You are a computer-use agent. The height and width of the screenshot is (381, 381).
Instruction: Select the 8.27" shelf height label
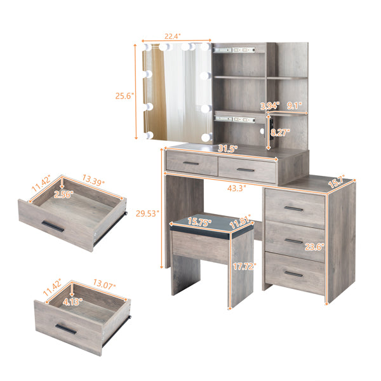pyautogui.click(x=279, y=133)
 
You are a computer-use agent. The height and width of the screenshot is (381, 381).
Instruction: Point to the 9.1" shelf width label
pyautogui.click(x=294, y=106)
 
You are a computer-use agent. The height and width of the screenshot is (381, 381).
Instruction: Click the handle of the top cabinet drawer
pyautogui.click(x=293, y=208)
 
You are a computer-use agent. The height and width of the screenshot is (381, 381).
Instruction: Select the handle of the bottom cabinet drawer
pyautogui.click(x=293, y=273)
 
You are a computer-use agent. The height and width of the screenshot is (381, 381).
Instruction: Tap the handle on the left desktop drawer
pyautogui.click(x=191, y=163)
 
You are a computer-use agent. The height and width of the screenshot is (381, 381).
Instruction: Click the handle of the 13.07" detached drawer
pyautogui.click(x=65, y=329)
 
